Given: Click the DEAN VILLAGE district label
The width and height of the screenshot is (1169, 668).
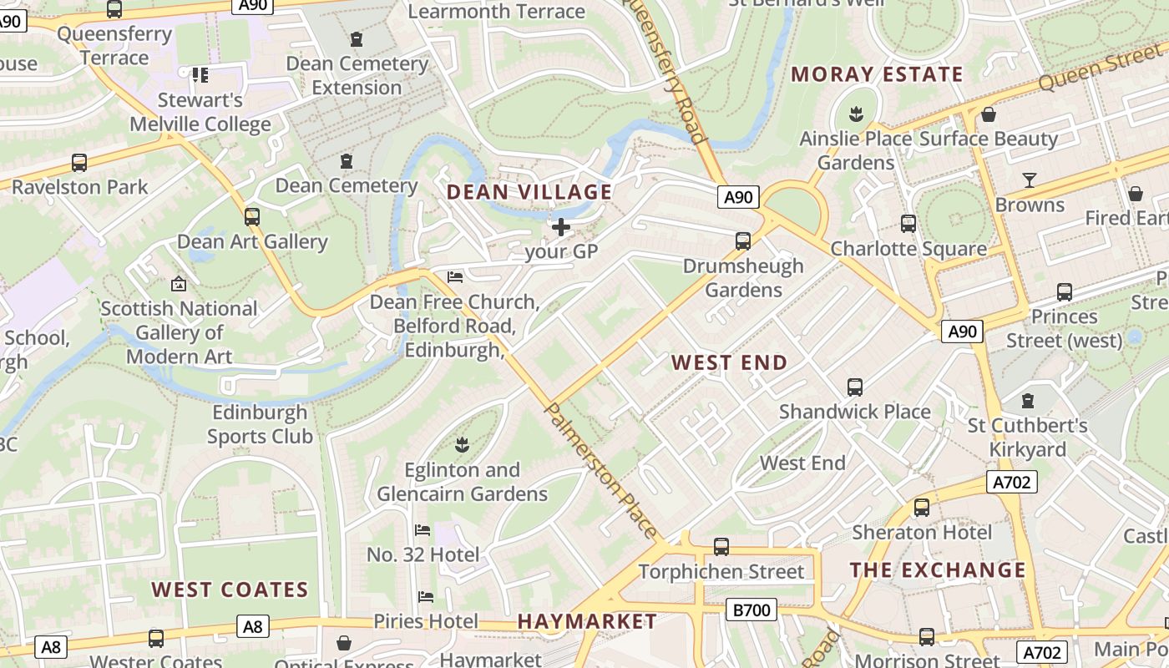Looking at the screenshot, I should (529, 192).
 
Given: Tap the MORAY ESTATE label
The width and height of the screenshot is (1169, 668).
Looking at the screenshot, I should (877, 74).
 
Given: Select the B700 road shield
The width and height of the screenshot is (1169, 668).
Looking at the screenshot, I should (751, 610).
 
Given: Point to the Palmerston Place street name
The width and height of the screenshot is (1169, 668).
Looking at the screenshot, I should (600, 469).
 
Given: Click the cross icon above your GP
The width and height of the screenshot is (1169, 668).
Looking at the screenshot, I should (561, 226).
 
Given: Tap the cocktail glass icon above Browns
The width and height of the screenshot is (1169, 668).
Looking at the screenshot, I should (1029, 180).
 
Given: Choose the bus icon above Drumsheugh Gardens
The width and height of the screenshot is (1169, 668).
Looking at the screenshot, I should (743, 241).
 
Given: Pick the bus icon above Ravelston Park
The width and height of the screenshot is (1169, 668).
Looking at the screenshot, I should (79, 163).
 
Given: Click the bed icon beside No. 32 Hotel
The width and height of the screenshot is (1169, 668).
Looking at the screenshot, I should (423, 530).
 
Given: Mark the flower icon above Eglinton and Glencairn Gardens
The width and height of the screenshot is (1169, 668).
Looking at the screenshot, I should (462, 444).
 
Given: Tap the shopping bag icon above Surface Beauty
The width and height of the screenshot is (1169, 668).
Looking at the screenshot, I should (989, 114).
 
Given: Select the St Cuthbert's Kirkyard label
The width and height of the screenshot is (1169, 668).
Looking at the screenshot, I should (1028, 438).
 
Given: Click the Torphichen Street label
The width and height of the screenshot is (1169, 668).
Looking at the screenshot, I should (721, 572).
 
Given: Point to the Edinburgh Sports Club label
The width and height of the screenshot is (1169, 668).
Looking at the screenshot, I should (260, 424).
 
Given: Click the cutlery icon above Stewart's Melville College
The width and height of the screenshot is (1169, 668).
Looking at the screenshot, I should (200, 76).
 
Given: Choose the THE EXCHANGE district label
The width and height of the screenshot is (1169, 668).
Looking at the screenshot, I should (938, 570).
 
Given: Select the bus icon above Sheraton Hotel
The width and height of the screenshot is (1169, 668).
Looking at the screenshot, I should (922, 508).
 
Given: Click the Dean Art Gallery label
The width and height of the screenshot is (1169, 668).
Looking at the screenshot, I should (252, 242).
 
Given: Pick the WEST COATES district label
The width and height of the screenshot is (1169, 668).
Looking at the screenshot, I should (230, 590).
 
